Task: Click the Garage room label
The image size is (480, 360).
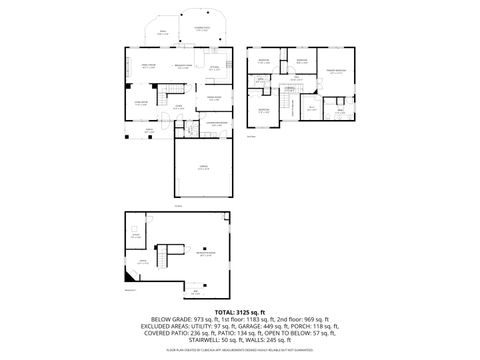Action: pyautogui.click(x=203, y=168)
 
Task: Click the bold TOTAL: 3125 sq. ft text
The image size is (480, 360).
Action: pyautogui.click(x=240, y=313)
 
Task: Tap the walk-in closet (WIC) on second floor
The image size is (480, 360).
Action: pyautogui.click(x=311, y=108)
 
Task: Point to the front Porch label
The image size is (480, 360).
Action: pyautogui.click(x=150, y=130)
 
